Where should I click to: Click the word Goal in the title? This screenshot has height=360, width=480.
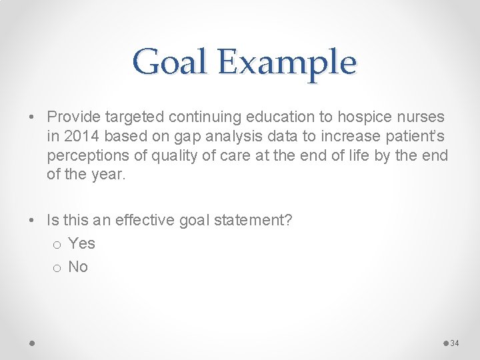tap(168, 63)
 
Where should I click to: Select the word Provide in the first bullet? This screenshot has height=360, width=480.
tap(73, 117)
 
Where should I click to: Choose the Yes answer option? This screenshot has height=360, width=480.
tap(81, 244)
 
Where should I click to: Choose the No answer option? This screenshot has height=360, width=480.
tap(78, 267)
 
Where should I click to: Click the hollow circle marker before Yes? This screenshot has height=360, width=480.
tap(58, 245)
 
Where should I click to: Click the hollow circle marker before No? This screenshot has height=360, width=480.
tap(58, 269)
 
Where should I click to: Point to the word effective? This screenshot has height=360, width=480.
tap(142, 221)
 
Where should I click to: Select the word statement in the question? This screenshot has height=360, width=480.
tap(249, 221)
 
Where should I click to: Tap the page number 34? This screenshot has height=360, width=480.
tap(455, 343)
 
